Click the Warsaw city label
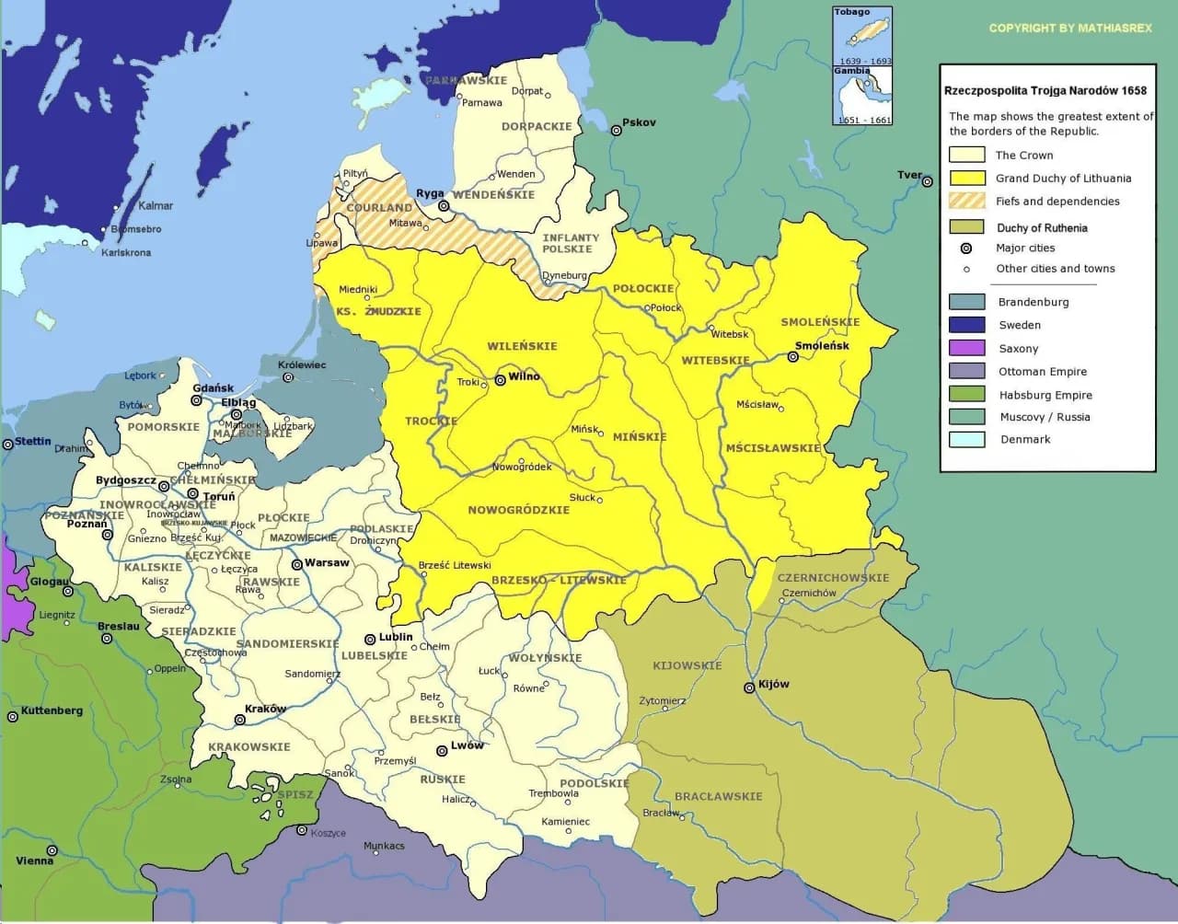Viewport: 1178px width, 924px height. coord(327,562)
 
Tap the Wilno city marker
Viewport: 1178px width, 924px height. coord(500,379)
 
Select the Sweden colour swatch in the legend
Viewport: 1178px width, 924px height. coord(966,325)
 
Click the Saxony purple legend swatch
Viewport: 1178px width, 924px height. coord(966,348)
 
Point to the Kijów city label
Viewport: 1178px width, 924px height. coord(773,684)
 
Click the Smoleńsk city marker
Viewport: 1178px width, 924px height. coord(793,357)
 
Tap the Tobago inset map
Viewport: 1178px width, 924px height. coord(862,37)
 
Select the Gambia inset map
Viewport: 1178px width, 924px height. coord(862,96)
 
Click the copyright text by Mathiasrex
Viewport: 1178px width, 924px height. coord(1069,29)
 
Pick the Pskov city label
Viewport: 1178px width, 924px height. coord(639,122)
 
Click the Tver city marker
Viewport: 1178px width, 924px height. coord(927,182)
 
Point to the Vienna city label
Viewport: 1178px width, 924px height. coord(34,860)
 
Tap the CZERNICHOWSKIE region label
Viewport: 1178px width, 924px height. coord(833,578)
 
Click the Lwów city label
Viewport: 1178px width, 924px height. coord(467,745)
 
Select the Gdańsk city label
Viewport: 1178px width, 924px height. coord(213,388)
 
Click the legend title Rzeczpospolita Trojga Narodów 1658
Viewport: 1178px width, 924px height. coord(1045,91)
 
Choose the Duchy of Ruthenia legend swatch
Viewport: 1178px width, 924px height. coord(966,227)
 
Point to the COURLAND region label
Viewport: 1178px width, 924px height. coord(379,208)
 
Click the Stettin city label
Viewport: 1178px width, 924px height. coord(33,442)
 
